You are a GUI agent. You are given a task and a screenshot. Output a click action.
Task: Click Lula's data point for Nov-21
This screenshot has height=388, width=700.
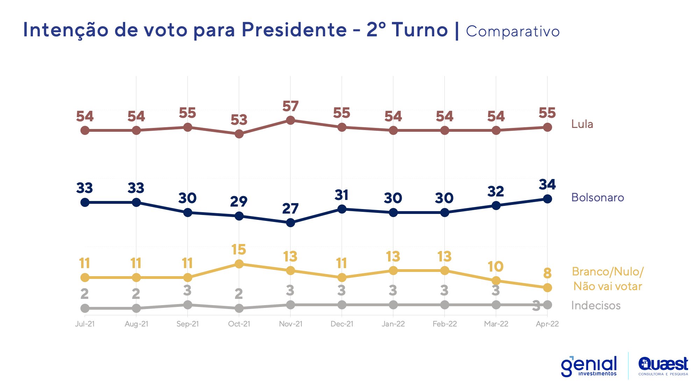click(290, 121)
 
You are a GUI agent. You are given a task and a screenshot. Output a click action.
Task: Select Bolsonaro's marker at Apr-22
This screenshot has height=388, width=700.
click(547, 199)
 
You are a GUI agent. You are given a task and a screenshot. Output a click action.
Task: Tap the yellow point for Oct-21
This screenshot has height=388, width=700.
click(239, 264)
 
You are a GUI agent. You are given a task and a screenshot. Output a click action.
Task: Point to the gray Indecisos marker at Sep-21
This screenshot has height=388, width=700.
click(188, 305)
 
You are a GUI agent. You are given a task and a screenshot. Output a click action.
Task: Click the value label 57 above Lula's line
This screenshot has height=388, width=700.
click(290, 106)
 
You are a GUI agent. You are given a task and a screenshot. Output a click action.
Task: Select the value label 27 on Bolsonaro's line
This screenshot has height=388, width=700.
click(290, 209)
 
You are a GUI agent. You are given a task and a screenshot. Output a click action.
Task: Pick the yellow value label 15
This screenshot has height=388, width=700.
click(239, 250)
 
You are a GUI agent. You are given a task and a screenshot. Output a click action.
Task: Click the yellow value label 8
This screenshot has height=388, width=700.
click(547, 273)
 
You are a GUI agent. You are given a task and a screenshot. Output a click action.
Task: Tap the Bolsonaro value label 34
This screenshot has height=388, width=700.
click(547, 185)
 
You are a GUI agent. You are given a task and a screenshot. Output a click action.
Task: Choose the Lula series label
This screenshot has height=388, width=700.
click(582, 124)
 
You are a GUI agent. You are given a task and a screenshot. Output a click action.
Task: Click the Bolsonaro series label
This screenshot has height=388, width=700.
click(597, 197)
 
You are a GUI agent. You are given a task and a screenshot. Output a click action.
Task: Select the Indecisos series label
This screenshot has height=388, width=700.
click(595, 306)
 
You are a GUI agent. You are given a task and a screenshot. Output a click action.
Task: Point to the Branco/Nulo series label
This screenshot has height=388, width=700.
click(607, 279)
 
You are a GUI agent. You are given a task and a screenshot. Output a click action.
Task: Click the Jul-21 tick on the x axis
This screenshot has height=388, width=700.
click(85, 324)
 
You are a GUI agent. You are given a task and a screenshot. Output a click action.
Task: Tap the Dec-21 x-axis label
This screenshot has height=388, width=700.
click(342, 324)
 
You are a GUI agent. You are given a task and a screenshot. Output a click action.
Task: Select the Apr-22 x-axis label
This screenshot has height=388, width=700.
click(547, 324)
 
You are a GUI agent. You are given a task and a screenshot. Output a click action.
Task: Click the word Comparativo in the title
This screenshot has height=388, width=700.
click(513, 31)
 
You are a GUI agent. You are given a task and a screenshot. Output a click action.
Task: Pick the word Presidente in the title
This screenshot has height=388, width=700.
click(294, 30)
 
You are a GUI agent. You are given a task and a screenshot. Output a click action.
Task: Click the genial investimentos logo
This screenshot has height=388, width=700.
click(589, 366)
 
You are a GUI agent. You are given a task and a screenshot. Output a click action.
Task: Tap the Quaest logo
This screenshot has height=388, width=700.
click(663, 366)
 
